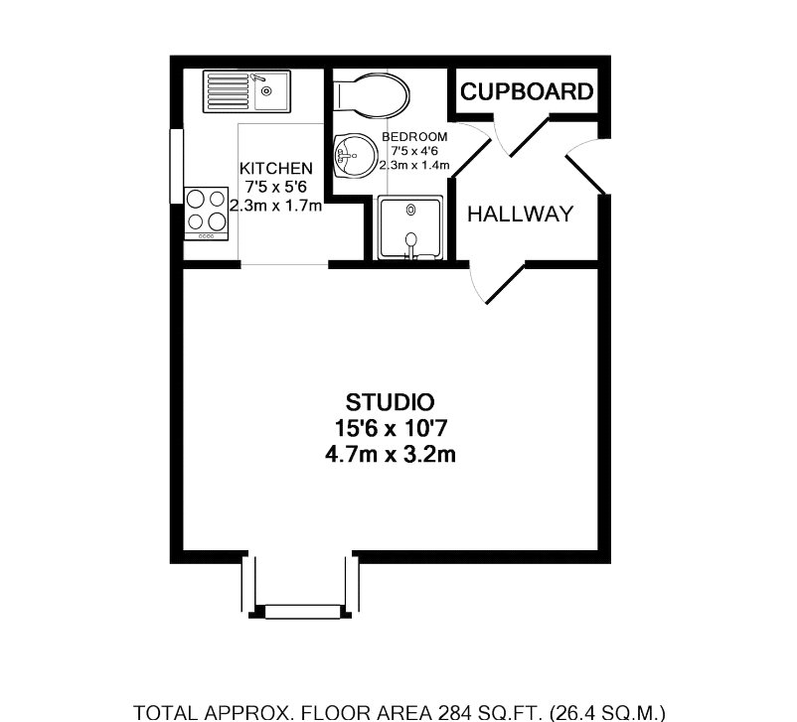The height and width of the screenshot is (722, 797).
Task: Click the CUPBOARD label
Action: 527,91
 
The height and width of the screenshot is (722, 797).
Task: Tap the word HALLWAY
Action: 520,214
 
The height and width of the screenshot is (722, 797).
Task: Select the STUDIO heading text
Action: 390,402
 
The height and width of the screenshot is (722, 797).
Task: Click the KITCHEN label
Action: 276,168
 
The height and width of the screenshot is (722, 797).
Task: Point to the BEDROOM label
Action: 414,137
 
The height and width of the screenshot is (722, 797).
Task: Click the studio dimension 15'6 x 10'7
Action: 391,428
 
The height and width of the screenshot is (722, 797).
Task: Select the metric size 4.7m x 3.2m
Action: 391,454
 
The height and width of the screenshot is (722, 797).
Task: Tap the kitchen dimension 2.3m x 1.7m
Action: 276,206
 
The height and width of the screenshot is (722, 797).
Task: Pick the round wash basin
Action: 356,156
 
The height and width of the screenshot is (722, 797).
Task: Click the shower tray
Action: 410,227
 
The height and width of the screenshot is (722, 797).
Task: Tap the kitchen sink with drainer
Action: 247,91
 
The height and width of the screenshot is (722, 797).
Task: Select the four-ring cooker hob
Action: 207,214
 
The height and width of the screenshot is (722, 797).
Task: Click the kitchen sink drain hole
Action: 266,91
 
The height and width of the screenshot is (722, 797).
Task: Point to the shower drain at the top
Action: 410,210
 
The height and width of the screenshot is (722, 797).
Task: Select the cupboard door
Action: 529,136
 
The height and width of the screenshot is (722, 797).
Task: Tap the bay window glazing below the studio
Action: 303,611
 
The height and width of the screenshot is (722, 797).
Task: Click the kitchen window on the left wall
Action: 176,166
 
